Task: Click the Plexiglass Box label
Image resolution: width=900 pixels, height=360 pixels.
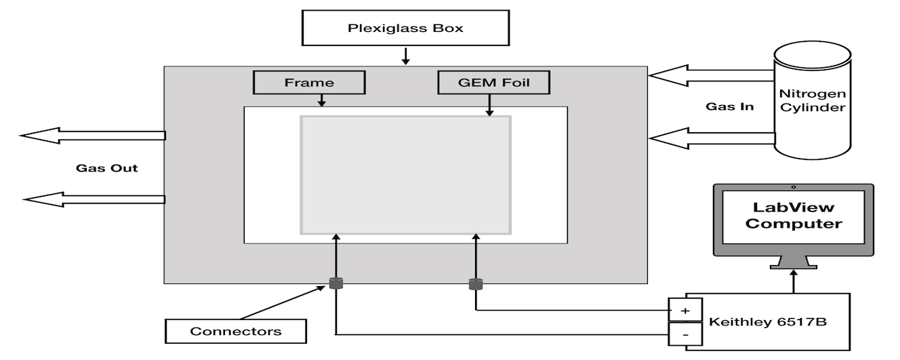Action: (x=405, y=28)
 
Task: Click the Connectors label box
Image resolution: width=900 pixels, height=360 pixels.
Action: (x=235, y=332)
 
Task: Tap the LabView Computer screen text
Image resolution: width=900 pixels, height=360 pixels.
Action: (x=793, y=215)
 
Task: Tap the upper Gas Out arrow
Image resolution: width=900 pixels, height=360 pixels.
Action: (x=92, y=136)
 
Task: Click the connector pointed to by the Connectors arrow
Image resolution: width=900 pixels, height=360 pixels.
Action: (x=335, y=283)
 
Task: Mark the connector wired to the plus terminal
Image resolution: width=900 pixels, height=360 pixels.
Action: (x=475, y=284)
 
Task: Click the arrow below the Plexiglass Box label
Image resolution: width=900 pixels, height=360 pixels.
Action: (x=405, y=55)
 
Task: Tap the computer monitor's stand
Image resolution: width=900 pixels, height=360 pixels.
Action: (x=792, y=260)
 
